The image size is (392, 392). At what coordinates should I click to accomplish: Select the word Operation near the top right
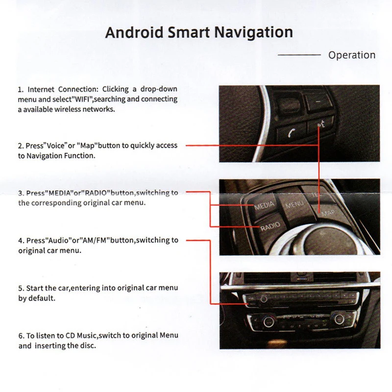(352, 55)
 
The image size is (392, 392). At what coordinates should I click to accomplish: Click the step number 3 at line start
(21, 193)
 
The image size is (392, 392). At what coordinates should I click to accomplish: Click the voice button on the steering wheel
(321, 125)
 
